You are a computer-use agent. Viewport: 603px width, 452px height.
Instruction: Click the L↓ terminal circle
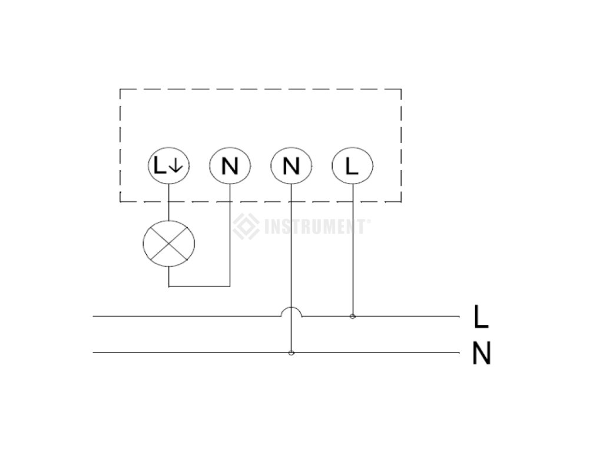coord(168,167)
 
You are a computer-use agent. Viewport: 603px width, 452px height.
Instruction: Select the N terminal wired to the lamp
coord(230,167)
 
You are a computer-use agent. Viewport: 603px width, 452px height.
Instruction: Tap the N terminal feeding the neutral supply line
coord(291,167)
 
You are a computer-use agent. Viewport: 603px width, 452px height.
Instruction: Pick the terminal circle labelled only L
coord(352,167)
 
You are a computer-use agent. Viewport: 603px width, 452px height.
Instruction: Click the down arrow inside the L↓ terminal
coord(176,167)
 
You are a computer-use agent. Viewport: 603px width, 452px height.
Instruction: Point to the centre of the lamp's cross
coord(169,243)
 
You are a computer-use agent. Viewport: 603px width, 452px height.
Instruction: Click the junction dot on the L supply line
coord(353,317)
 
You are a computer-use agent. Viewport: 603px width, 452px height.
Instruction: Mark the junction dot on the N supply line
coord(291,353)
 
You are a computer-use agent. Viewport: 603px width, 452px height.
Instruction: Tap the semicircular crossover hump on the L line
coord(291,311)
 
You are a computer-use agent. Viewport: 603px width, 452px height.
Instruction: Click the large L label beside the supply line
coord(481,317)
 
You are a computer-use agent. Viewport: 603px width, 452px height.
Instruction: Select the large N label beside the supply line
coord(481,354)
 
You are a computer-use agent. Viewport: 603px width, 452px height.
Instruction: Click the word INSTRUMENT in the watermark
coord(314,227)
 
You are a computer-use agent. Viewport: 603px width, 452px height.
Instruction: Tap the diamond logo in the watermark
coord(246,227)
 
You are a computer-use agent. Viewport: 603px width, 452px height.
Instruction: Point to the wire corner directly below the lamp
coord(169,287)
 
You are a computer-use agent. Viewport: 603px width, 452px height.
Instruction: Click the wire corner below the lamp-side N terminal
coord(230,287)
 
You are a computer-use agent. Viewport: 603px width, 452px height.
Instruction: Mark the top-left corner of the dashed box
coord(120,89)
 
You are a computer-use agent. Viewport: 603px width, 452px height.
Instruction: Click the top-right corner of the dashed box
coord(402,89)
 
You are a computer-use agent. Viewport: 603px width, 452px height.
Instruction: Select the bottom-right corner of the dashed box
coord(402,201)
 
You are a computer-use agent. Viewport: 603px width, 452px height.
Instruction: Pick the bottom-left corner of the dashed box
coord(120,201)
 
